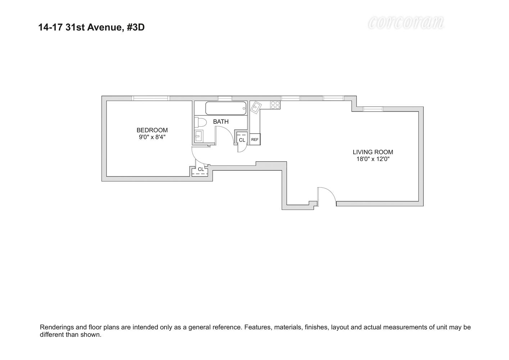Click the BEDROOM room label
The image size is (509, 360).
coord(152,130)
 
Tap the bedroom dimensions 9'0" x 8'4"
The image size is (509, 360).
coord(152,137)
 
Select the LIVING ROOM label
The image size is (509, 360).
coord(373,152)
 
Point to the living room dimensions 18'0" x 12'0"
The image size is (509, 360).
coord(373,159)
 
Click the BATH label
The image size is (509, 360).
coord(221,122)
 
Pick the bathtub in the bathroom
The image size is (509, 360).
coord(226,108)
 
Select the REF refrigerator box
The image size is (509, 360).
coord(255,139)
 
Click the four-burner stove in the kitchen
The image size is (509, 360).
coord(275,105)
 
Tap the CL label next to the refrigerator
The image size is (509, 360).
coord(242,140)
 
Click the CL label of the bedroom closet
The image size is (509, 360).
coord(201,169)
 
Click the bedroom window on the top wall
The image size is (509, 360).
coord(150,98)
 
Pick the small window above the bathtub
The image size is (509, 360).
coord(225,98)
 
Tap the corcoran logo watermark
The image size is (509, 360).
coord(406,23)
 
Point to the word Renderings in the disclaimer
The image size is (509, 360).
coord(57,327)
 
